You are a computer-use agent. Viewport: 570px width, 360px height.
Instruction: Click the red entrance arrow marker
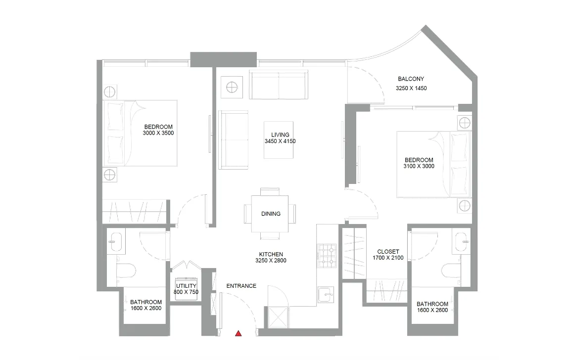coord(238,333)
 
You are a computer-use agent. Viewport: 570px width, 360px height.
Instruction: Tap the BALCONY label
coord(411,79)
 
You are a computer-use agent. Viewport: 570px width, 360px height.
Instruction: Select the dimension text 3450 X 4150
coord(280,141)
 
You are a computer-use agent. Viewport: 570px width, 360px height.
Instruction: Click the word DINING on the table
coord(271,214)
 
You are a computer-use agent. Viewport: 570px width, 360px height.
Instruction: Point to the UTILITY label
coord(187,286)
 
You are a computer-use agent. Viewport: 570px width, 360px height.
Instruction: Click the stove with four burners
coord(326,254)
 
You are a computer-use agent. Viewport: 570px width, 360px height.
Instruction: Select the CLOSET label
coord(388,252)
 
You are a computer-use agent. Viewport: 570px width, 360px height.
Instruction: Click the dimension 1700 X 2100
coord(388,258)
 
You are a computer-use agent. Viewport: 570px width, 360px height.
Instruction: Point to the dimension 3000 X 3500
coord(158,133)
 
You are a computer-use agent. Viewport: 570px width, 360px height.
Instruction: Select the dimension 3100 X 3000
coord(419,167)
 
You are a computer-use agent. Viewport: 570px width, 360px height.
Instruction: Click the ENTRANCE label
coord(241,286)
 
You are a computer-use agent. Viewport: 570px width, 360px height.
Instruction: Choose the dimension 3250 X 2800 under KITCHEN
coord(271,261)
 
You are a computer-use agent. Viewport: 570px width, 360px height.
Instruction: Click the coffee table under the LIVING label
coord(278,140)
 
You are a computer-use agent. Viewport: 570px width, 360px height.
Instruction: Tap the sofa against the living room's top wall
coord(278,85)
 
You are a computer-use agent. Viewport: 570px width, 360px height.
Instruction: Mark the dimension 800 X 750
coord(187,292)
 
